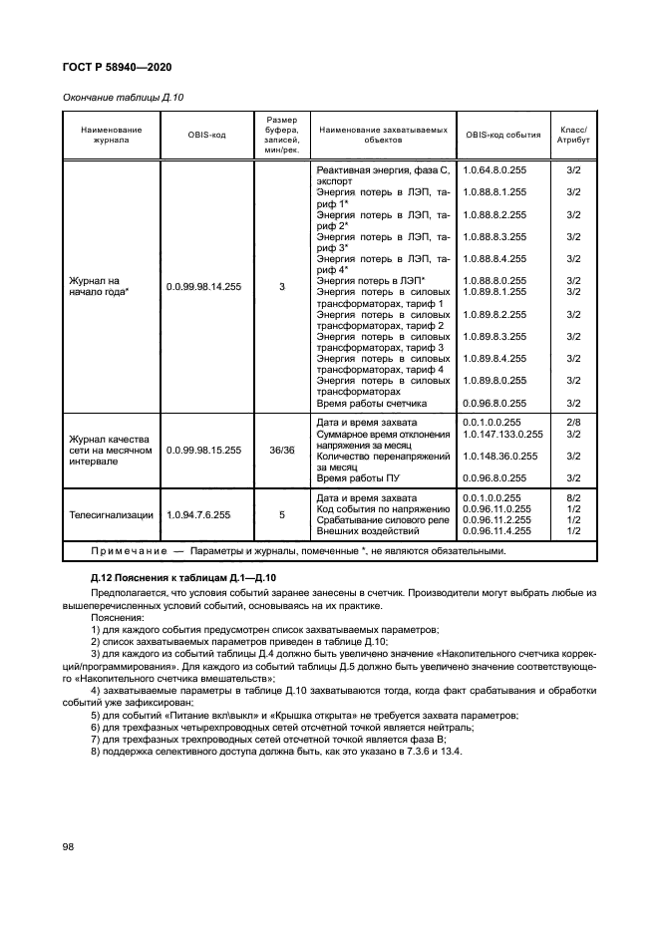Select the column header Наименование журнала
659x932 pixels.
point(105,135)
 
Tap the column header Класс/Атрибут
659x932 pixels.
point(573,135)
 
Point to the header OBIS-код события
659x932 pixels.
point(503,135)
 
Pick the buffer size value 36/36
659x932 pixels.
point(282,451)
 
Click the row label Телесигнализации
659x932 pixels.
point(111,515)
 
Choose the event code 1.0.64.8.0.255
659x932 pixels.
point(494,171)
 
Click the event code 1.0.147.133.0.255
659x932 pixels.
point(503,435)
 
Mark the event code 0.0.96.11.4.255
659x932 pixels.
point(495,531)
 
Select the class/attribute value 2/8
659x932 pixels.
point(573,424)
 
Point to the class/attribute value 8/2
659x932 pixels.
point(573,497)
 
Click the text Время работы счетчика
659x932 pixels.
point(372,403)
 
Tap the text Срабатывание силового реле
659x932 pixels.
point(383,520)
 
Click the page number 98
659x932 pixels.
point(70,845)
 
